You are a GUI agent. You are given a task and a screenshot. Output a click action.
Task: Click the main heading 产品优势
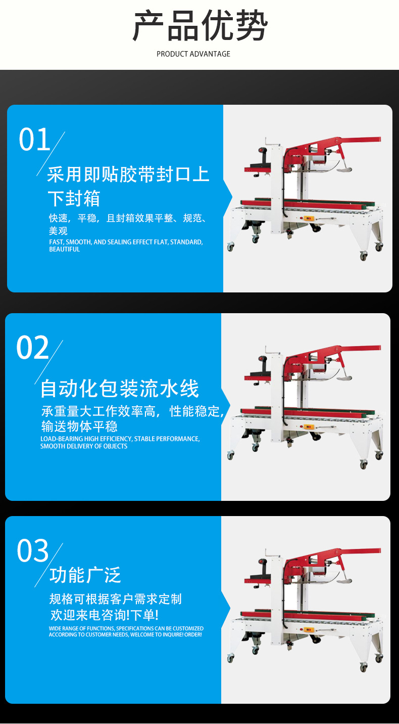[200, 25]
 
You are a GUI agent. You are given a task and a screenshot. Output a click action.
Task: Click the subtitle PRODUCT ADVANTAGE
[193, 54]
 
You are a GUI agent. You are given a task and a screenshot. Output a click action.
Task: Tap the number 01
[34, 140]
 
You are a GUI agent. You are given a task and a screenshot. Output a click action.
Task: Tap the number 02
[32, 348]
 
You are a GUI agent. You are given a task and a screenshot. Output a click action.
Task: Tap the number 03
[33, 551]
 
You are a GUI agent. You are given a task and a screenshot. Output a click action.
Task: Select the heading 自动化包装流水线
[120, 388]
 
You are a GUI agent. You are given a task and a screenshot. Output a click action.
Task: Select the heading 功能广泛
[85, 575]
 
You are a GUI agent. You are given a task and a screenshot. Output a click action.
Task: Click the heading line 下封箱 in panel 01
[74, 198]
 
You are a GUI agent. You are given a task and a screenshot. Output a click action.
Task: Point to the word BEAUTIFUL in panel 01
[65, 249]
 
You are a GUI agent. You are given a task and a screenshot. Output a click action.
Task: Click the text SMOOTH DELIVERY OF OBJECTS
[84, 446]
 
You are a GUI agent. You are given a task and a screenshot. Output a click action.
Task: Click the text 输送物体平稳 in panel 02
[79, 427]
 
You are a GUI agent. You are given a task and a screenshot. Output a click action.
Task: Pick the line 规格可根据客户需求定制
[116, 599]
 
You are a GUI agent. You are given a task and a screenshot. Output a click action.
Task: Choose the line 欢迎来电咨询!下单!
[104, 615]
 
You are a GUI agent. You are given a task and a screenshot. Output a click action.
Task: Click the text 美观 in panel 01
[58, 231]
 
